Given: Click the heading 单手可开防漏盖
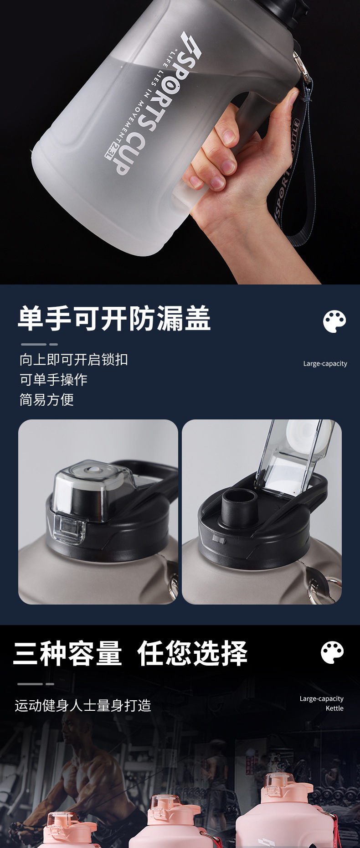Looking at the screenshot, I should coord(114,318).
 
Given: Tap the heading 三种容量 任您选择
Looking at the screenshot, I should coord(130,653).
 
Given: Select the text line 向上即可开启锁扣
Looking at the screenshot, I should coord(73,360).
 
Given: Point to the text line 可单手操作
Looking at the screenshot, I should coord(53,379).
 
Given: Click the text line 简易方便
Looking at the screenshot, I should coord(46,400).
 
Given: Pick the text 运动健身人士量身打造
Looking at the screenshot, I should coord(82,706).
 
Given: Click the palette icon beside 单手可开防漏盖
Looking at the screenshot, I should coord(334,321).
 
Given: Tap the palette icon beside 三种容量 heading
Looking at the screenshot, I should coord(332,652).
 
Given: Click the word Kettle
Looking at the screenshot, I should coord(334,708).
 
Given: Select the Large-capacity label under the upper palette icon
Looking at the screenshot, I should coord(325,363).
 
